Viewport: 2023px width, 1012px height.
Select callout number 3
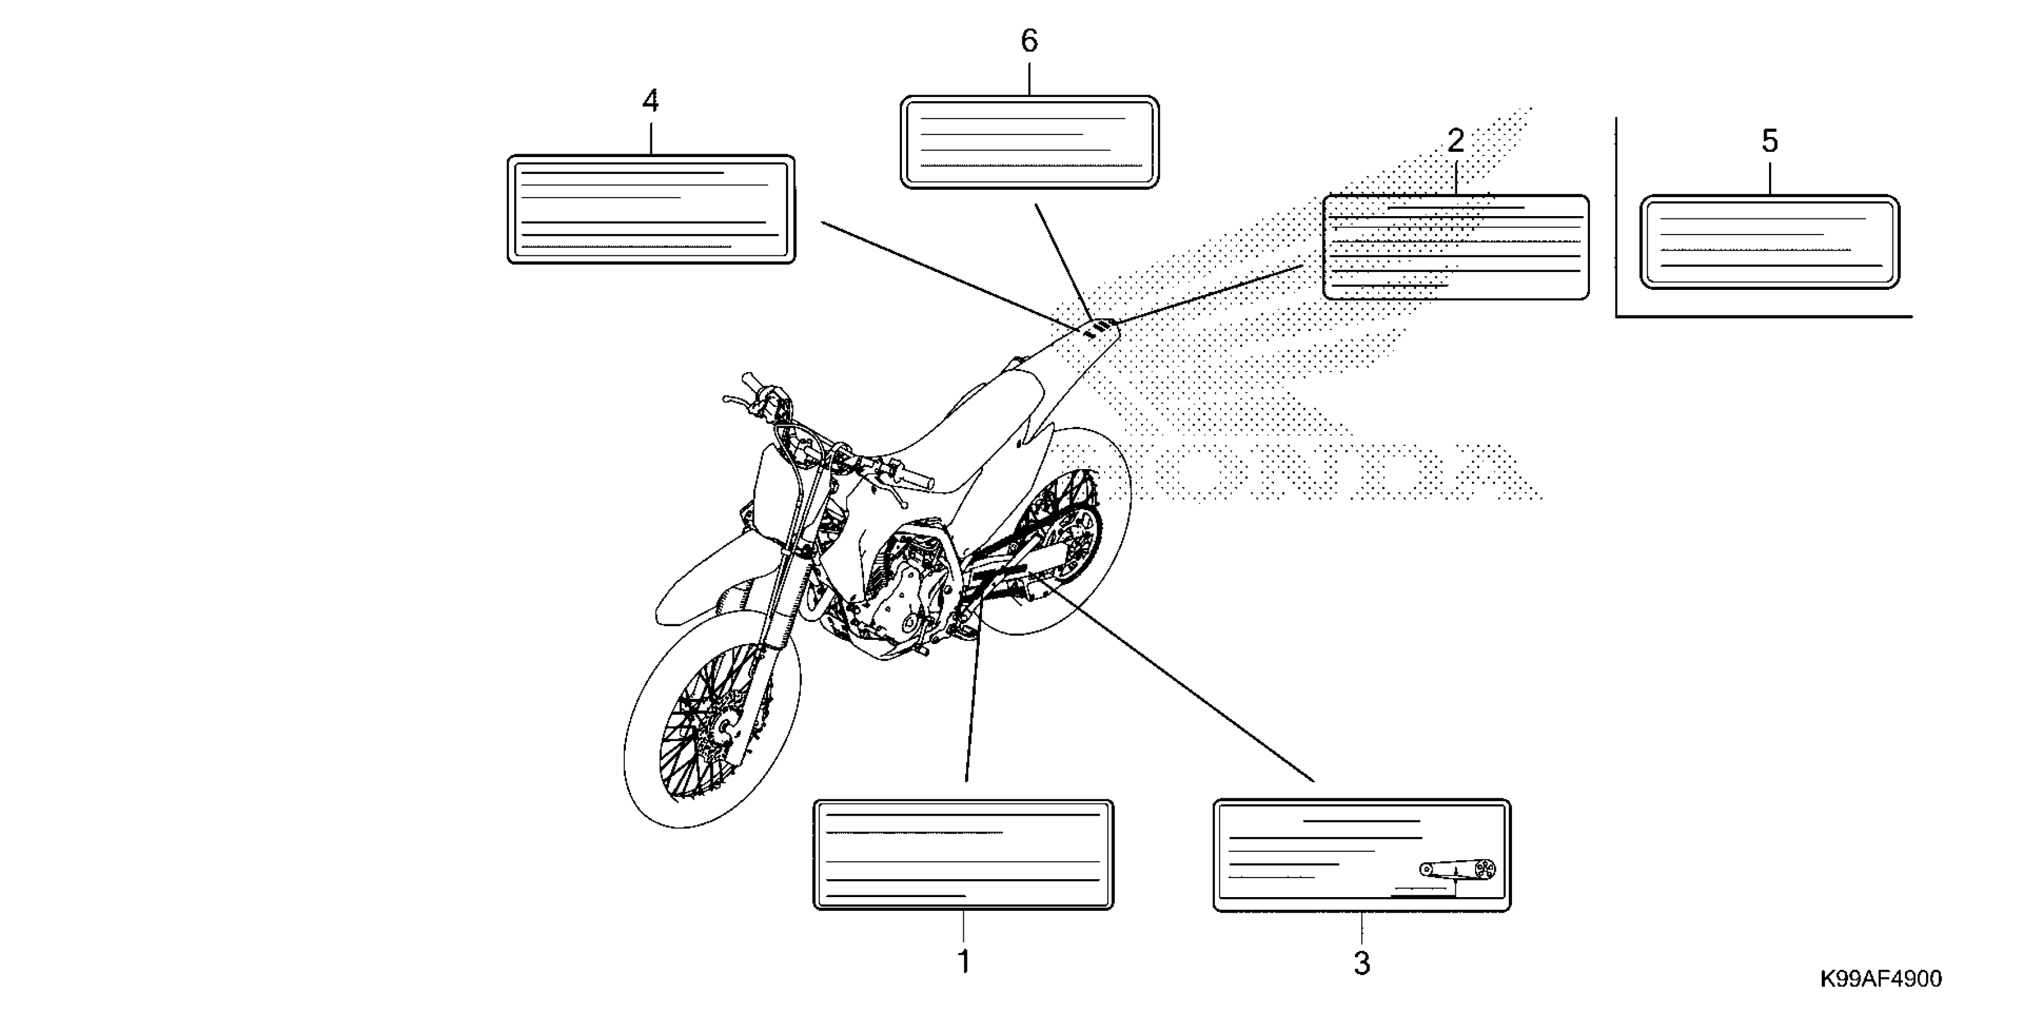click(1362, 963)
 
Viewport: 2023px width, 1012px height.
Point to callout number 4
click(650, 101)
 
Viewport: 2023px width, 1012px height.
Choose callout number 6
click(1029, 41)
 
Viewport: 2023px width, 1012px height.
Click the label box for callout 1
click(963, 855)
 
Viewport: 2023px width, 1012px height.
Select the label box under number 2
click(1455, 248)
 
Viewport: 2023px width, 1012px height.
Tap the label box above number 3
click(1362, 855)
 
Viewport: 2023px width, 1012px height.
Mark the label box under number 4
click(651, 209)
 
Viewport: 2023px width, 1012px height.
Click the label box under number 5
click(1770, 242)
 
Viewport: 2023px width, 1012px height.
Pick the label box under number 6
click(1029, 142)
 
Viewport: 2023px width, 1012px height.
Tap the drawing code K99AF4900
click(1880, 978)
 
